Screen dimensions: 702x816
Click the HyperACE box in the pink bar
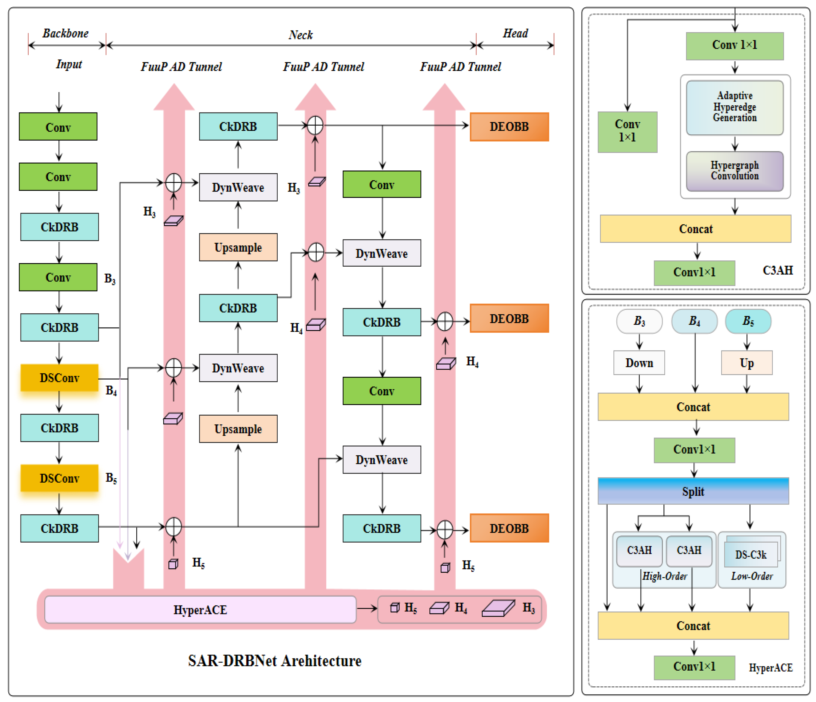click(200, 609)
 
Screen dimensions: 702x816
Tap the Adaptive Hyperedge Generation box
click(734, 107)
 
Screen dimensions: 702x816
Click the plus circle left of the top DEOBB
click(315, 126)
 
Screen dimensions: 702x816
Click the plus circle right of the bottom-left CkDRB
click(173, 526)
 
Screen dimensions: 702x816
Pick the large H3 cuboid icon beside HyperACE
click(498, 608)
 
